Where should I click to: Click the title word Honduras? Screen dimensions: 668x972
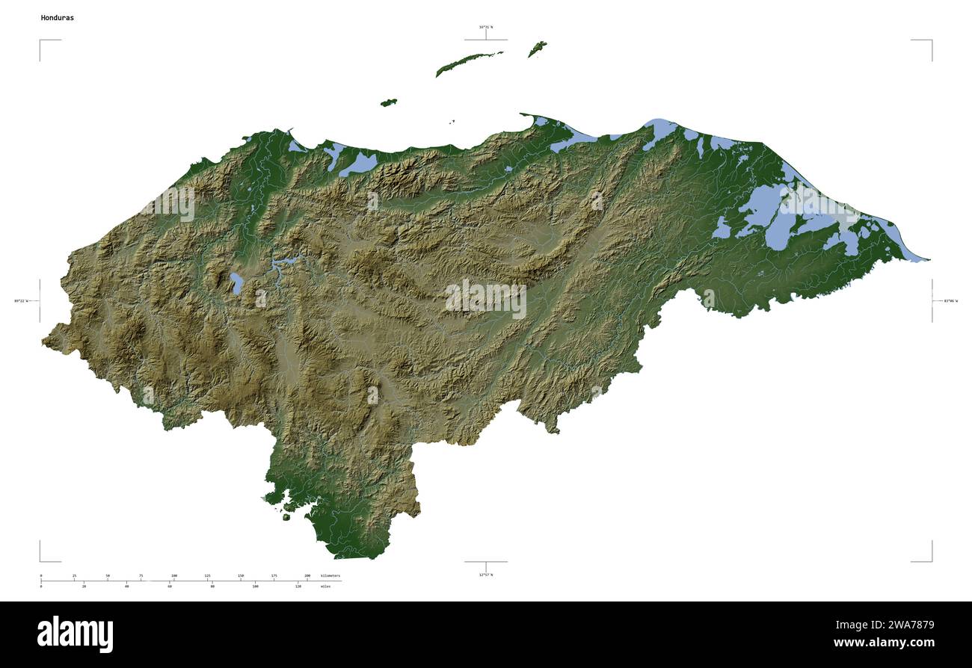(58, 17)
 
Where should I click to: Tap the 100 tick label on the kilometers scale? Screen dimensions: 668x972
(174, 575)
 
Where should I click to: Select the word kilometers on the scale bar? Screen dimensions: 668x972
(330, 575)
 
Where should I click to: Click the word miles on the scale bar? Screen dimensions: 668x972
(325, 587)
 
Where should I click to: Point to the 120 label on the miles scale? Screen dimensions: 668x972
(298, 587)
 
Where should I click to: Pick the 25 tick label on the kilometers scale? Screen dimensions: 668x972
(74, 575)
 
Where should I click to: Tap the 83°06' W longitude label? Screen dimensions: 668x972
(950, 301)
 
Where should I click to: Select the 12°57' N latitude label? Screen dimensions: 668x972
(486, 575)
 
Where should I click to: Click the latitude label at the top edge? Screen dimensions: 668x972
(486, 28)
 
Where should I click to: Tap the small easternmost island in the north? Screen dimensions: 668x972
(537, 49)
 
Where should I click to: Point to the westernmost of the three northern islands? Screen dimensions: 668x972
(388, 102)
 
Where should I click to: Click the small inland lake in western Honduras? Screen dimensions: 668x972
(236, 283)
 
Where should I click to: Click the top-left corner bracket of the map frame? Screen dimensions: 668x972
(41, 41)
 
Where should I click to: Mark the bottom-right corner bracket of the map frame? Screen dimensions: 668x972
(930, 560)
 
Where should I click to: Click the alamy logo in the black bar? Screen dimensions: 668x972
(75, 634)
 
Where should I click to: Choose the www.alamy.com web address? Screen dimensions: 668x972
(884, 643)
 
